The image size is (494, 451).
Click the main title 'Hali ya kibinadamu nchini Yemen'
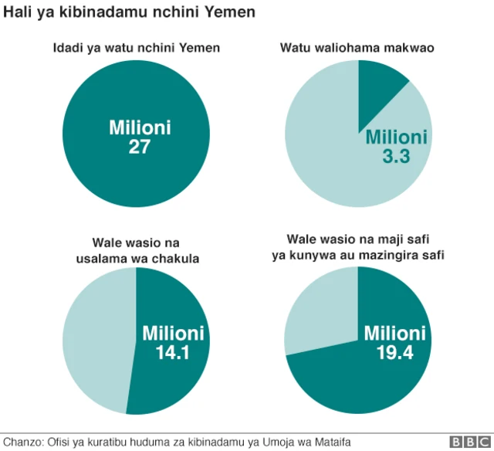pos(130,13)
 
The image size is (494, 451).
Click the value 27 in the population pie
pos(139,147)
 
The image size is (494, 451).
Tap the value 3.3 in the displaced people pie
pos(395,157)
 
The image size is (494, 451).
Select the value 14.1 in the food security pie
pos(174,352)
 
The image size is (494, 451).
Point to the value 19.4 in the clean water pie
pos(395,352)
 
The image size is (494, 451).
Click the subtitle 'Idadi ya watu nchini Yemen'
pos(136,49)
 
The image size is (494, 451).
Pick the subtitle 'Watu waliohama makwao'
pos(357,49)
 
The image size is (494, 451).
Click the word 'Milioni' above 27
pos(139,127)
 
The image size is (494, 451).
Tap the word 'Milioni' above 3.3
pos(395,137)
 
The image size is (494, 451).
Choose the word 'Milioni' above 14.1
pos(174,333)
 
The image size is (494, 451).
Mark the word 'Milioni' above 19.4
pos(395,333)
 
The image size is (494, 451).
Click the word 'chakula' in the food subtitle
pos(178,259)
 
